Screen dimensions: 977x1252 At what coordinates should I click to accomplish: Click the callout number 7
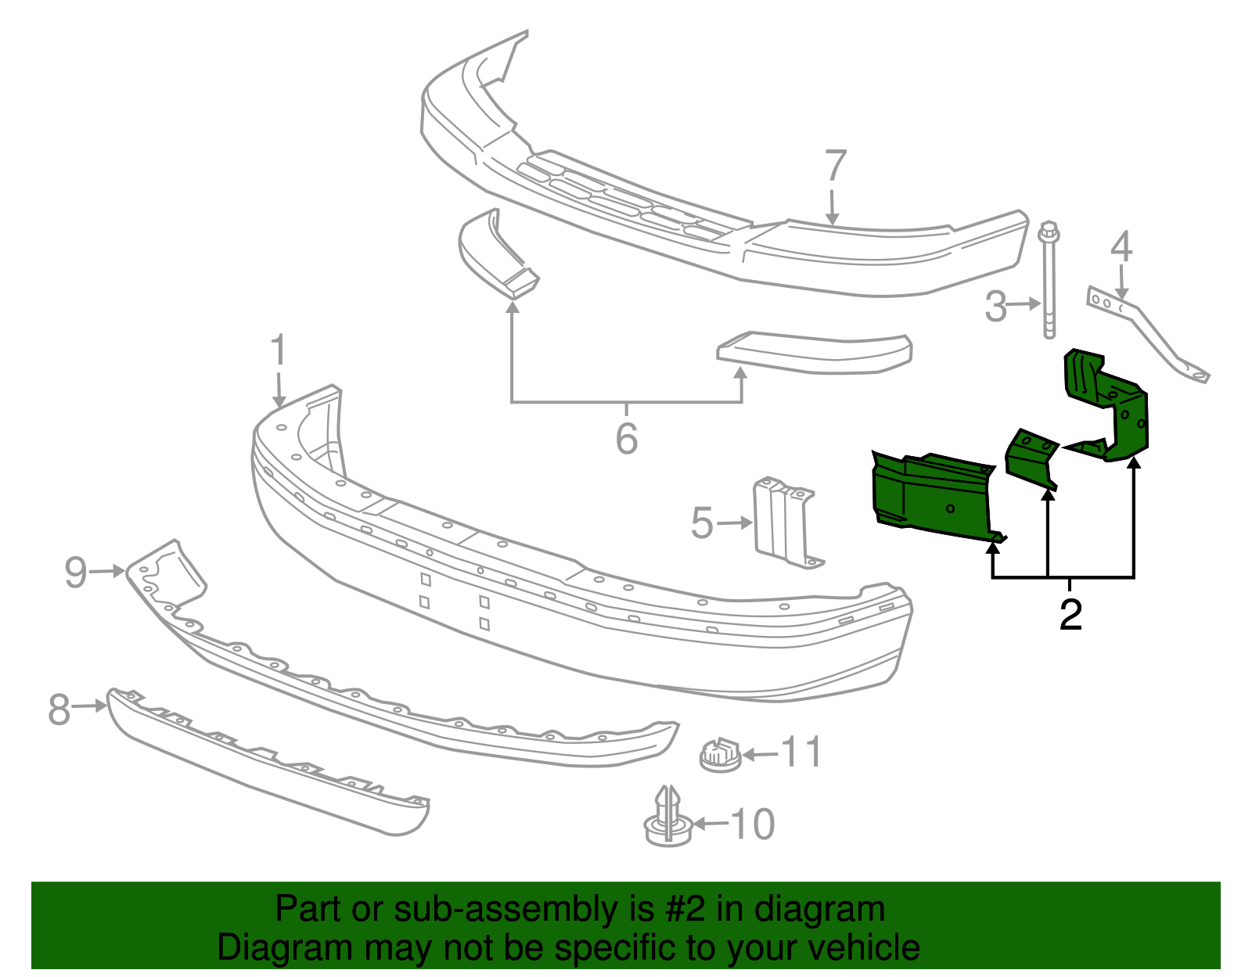836,166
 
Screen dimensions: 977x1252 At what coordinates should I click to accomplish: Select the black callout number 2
1070,615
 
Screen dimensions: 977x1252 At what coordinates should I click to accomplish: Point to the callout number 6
626,438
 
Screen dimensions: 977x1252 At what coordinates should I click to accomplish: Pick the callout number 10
752,824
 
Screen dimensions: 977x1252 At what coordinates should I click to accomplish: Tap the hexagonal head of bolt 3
1049,232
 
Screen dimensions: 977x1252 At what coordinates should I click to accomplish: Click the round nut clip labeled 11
719,755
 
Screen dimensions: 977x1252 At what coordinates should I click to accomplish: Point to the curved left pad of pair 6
493,254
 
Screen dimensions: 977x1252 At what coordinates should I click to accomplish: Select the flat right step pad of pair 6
814,352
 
